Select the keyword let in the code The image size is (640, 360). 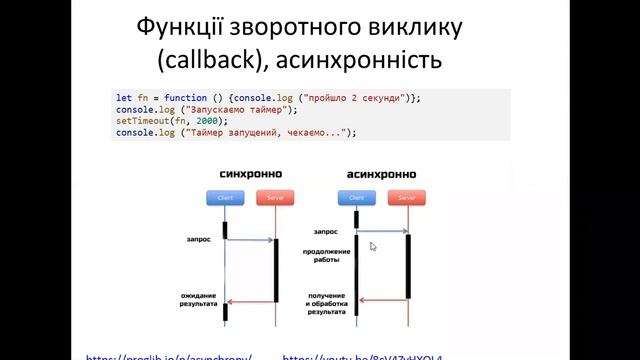(x=123, y=97)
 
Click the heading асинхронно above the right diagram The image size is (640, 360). (x=380, y=173)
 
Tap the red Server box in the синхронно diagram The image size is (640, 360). (x=274, y=197)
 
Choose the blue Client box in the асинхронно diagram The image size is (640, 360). (x=357, y=198)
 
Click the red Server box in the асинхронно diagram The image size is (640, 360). (x=406, y=198)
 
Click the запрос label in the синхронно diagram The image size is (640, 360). (x=197, y=240)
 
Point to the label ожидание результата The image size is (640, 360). (x=199, y=299)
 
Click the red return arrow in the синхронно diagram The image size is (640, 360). (x=250, y=301)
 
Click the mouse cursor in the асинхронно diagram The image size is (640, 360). (x=373, y=246)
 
